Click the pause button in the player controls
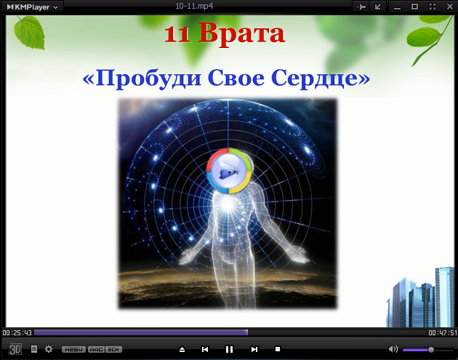(229, 349)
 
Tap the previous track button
(205, 349)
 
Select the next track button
(254, 349)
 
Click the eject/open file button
(182, 349)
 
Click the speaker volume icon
(393, 349)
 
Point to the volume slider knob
(431, 350)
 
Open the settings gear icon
(49, 349)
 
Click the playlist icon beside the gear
(34, 349)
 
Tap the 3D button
(15, 349)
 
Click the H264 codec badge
(73, 350)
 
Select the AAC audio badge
(96, 350)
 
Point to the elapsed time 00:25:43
(17, 333)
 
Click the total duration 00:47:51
(443, 333)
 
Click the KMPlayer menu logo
(32, 7)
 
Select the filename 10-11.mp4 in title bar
(194, 6)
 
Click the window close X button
(450, 7)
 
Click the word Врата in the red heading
(241, 33)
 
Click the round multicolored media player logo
(229, 171)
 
